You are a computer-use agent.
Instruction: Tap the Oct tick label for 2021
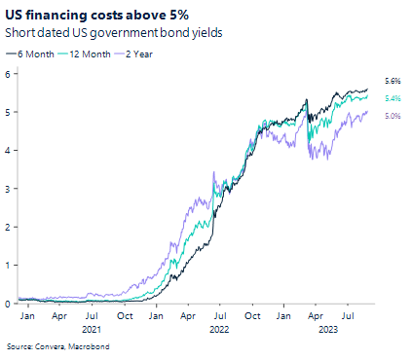126,316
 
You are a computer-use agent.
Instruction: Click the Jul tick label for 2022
221,316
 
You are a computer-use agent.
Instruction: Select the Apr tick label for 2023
316,316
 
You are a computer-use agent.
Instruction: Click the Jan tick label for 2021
28,316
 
